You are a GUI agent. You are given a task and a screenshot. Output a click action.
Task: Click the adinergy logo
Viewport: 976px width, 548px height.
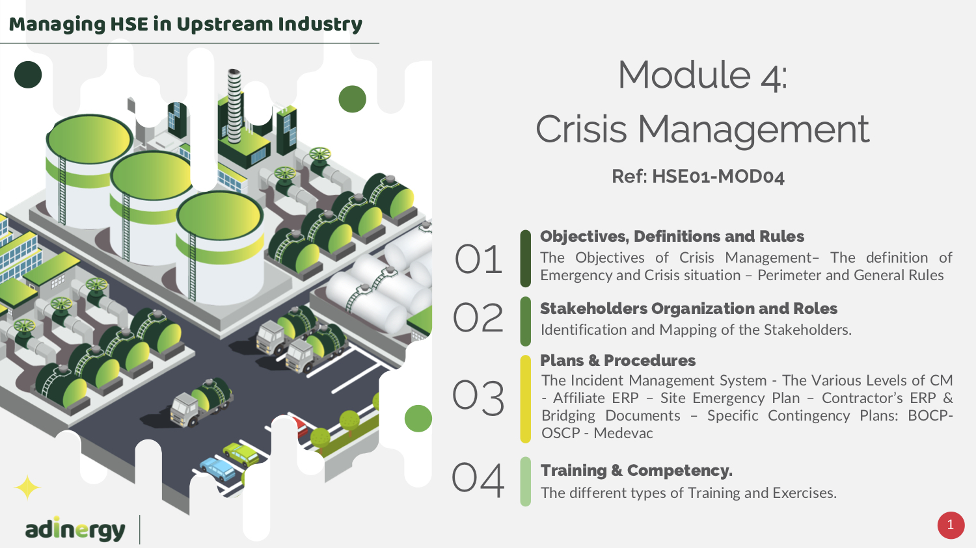tap(75, 530)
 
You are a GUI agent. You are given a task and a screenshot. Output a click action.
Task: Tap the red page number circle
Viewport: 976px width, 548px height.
tap(951, 525)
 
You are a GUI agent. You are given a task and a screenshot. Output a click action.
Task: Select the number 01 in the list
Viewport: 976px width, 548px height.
tap(478, 259)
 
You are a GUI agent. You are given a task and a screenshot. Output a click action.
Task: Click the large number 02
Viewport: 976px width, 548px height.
tap(478, 318)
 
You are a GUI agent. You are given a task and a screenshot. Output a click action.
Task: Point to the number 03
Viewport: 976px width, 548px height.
tap(478, 397)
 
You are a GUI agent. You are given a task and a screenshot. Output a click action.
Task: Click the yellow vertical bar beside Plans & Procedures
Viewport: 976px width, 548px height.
tap(526, 399)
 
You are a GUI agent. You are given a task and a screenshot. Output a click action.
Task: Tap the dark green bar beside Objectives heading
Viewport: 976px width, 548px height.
tap(526, 259)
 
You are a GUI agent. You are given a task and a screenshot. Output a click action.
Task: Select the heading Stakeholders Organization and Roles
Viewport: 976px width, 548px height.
tap(688, 308)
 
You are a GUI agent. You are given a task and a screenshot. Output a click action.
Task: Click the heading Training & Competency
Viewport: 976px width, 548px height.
tap(636, 471)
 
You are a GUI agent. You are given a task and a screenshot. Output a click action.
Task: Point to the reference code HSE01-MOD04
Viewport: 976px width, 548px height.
tap(718, 177)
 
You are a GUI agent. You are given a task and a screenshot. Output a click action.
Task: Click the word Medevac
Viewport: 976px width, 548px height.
tap(623, 433)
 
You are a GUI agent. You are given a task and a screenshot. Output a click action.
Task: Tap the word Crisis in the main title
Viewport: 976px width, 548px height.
tap(581, 129)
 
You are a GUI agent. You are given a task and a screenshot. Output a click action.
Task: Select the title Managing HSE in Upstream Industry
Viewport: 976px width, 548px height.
tap(185, 24)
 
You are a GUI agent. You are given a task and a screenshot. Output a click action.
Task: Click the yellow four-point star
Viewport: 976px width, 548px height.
tap(27, 488)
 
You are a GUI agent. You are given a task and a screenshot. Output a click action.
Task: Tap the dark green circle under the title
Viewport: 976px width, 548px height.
tap(28, 74)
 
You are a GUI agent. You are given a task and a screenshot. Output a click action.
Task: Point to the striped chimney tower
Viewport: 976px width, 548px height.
tap(234, 106)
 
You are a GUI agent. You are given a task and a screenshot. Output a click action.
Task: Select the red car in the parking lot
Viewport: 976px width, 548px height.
tap(301, 426)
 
